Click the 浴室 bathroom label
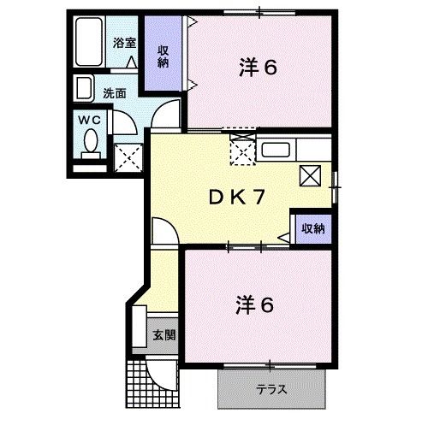125,42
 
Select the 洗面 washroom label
115,92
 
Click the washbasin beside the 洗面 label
85,89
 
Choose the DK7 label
237,197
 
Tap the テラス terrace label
271,389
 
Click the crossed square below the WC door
128,156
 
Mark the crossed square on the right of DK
311,175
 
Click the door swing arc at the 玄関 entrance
161,369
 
